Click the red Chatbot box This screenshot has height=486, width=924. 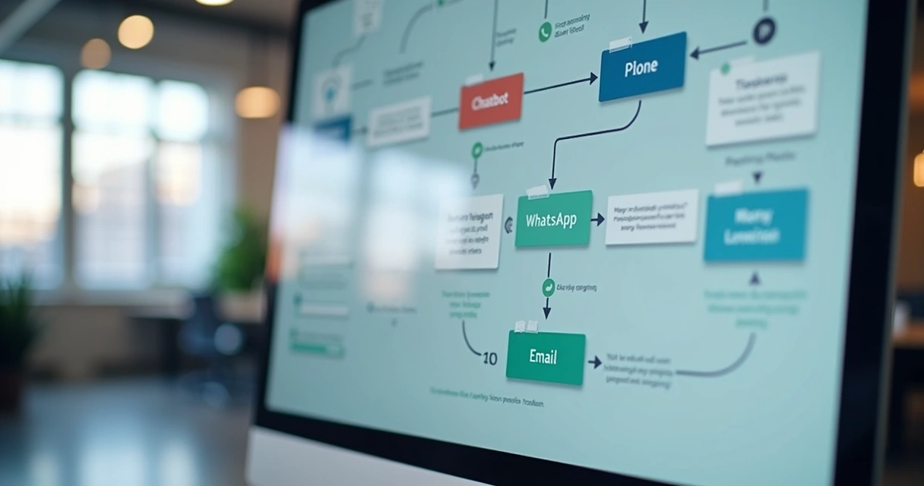491,101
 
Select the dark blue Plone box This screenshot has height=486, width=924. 642,67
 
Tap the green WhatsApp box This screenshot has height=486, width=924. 553,219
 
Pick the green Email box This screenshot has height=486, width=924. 545,357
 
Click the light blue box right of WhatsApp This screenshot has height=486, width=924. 755,226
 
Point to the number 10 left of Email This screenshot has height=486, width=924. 490,358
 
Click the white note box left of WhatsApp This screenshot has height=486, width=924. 469,231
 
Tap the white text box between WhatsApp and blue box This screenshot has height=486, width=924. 651,216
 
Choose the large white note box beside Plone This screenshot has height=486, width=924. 762,98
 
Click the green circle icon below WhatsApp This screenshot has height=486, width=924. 548,287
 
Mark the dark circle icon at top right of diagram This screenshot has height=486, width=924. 764,31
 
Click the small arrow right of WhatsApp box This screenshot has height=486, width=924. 598,219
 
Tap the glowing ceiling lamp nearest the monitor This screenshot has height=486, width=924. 257,102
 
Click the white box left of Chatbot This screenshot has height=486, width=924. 399,121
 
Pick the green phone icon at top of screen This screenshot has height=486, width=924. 545,31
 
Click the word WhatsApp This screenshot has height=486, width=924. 551,220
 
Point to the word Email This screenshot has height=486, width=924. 543,357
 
